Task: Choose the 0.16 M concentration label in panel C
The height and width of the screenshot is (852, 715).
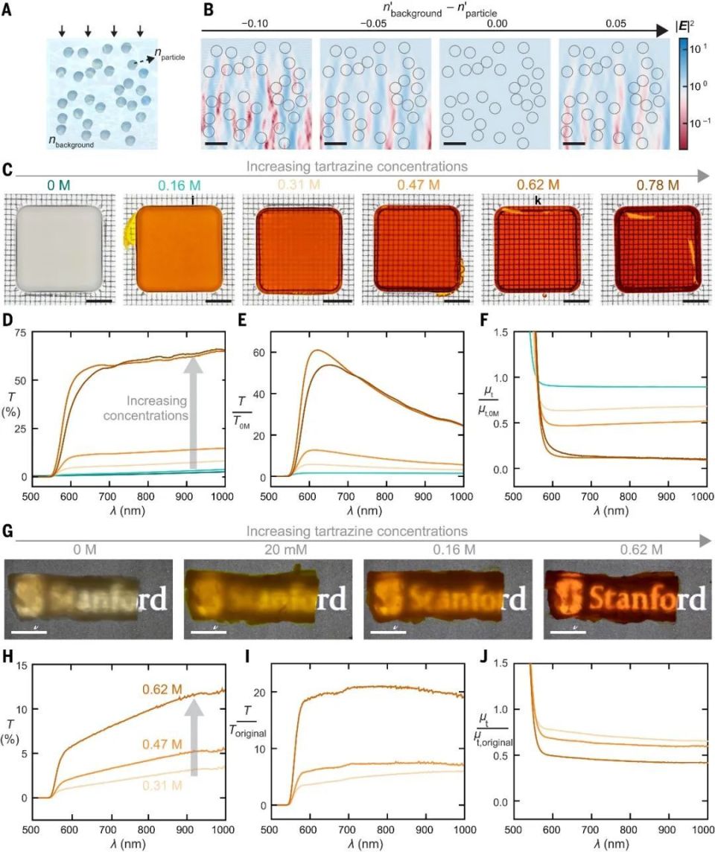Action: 179,182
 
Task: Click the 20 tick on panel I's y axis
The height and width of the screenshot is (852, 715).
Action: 261,692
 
